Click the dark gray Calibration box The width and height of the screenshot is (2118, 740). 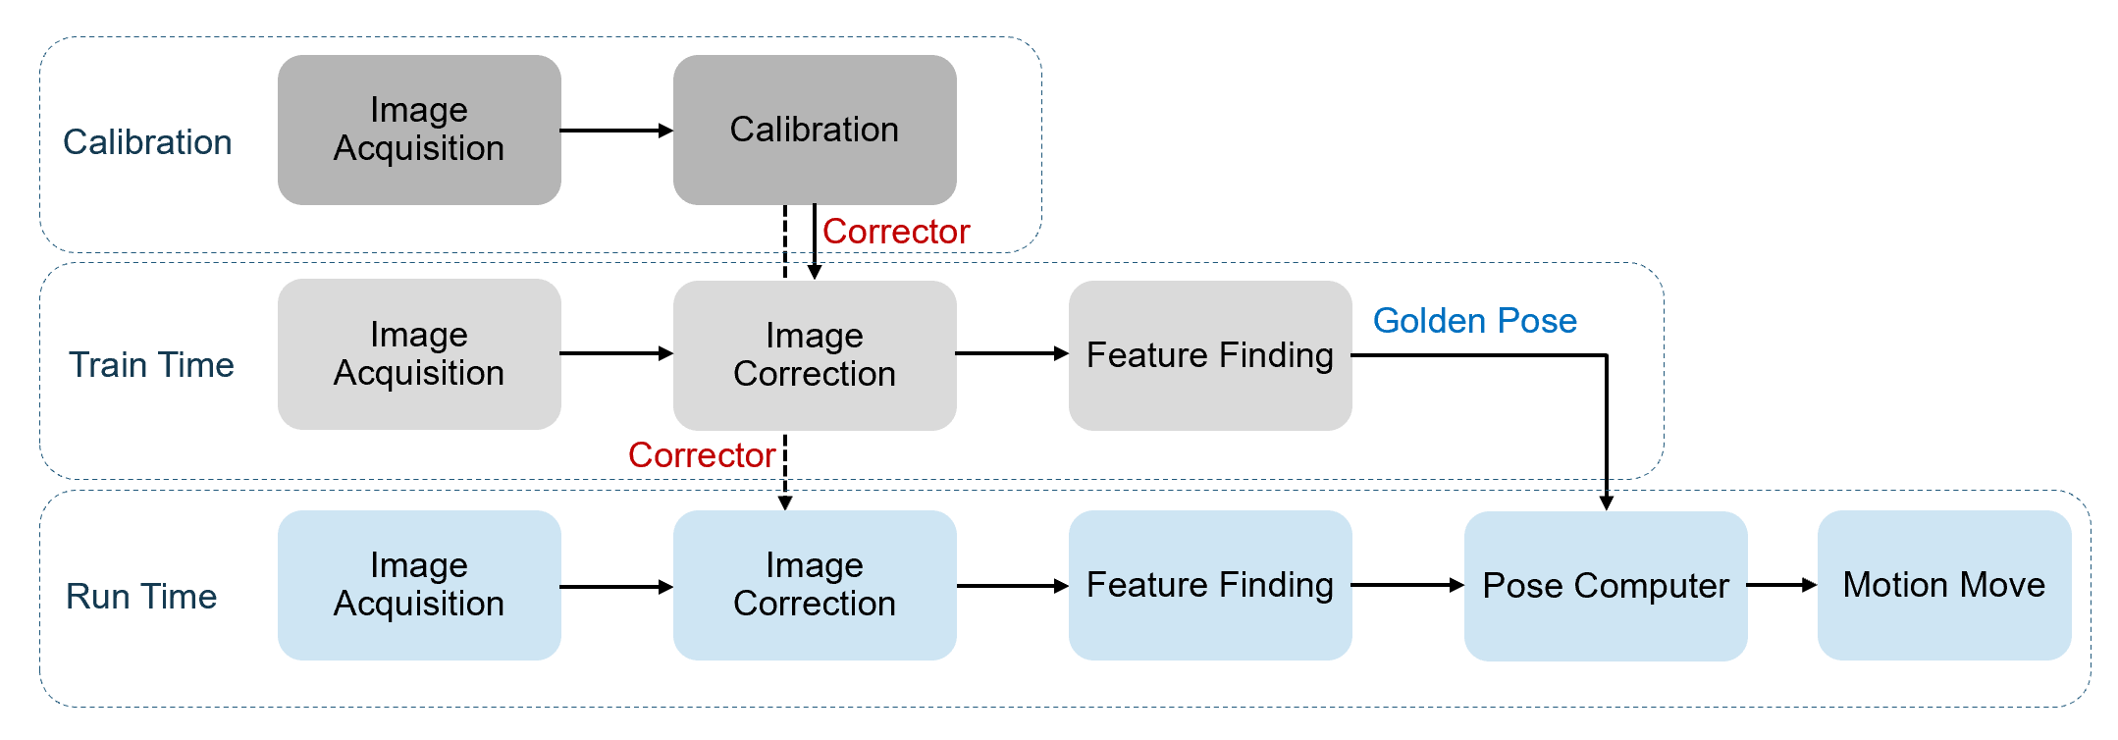[815, 130]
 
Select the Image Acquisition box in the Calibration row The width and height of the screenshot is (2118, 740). [419, 130]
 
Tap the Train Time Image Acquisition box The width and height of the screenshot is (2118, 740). [419, 354]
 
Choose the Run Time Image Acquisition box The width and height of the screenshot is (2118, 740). [419, 585]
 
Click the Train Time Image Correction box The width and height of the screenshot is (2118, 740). [815, 355]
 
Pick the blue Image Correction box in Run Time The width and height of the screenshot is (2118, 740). [815, 585]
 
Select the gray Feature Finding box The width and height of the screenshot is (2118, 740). [1210, 355]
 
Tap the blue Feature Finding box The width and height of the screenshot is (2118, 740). [1210, 585]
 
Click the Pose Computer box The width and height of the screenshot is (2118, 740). [1606, 586]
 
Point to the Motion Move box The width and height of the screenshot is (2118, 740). [1944, 585]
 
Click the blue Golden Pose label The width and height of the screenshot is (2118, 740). [1474, 321]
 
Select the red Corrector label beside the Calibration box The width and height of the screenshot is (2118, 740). [896, 232]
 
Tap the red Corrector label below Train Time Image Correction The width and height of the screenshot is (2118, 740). [702, 455]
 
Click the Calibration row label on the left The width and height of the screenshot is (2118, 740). [147, 142]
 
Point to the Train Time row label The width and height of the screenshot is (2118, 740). [151, 365]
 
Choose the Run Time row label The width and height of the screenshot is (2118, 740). [141, 597]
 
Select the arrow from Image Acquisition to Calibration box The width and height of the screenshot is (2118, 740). [616, 131]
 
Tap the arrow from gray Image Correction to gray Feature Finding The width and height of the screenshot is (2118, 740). [1012, 353]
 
